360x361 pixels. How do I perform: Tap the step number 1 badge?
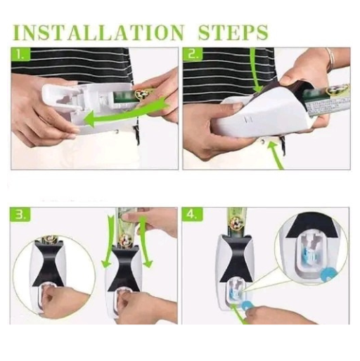(x=20, y=54)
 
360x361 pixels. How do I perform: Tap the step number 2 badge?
(x=193, y=54)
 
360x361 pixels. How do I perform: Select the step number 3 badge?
(x=20, y=215)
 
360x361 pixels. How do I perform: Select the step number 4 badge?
(x=193, y=215)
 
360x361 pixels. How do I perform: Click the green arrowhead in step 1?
(x=90, y=118)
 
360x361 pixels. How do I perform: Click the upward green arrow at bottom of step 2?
(x=276, y=155)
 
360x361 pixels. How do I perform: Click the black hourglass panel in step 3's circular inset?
(x=49, y=265)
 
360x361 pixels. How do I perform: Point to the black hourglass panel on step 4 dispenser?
(x=237, y=258)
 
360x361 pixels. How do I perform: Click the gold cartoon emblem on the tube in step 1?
(x=142, y=94)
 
